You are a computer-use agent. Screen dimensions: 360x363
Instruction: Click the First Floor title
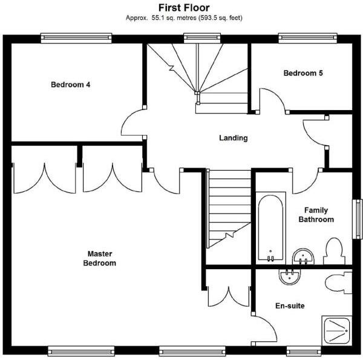[184, 8]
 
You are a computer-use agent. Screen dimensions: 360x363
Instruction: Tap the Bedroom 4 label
[70, 85]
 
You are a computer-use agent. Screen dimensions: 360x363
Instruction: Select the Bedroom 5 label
[303, 73]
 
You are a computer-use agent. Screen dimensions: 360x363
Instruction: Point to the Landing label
[233, 138]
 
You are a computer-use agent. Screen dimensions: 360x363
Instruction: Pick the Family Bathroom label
[316, 215]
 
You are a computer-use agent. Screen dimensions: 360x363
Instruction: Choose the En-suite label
[290, 306]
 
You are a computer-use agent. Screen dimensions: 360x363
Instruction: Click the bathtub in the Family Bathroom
[270, 227]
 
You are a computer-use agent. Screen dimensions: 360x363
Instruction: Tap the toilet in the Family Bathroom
[333, 251]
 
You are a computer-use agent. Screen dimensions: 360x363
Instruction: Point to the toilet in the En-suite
[337, 283]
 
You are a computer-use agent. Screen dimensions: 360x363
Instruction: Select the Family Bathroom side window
[358, 218]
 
